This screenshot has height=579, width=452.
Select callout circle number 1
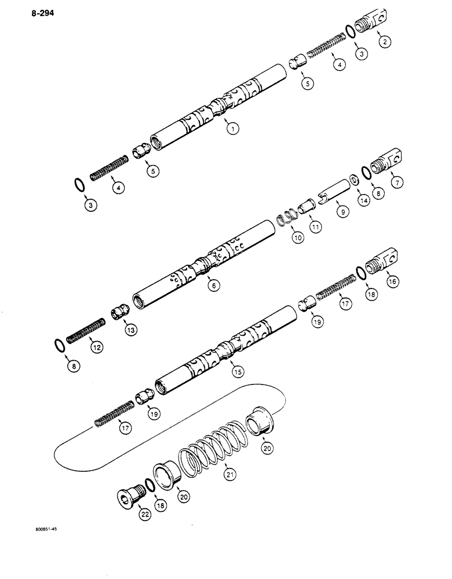[232, 130]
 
